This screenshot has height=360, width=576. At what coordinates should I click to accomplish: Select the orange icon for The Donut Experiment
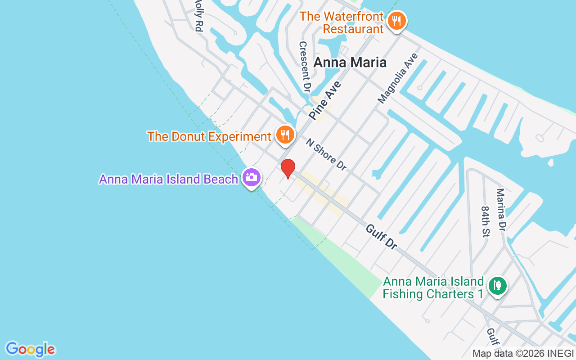click(x=285, y=134)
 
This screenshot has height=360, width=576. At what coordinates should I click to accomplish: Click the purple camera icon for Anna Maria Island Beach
click(x=252, y=177)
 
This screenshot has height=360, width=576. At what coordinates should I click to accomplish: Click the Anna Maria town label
click(x=350, y=63)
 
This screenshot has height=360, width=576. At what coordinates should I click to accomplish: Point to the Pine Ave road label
click(x=325, y=100)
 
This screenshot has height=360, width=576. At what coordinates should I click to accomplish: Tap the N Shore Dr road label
click(x=326, y=154)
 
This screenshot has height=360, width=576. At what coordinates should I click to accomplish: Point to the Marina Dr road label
click(x=501, y=210)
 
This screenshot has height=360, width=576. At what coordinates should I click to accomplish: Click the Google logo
click(x=31, y=349)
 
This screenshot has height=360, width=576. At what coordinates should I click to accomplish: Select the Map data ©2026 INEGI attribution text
click(x=523, y=354)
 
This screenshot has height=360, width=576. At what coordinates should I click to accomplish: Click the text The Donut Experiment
click(x=209, y=136)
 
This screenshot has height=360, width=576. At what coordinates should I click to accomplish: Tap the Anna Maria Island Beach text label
click(x=168, y=179)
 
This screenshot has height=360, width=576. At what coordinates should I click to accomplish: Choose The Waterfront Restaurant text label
click(x=342, y=22)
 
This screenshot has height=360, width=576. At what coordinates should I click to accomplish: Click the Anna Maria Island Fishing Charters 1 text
click(x=433, y=288)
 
